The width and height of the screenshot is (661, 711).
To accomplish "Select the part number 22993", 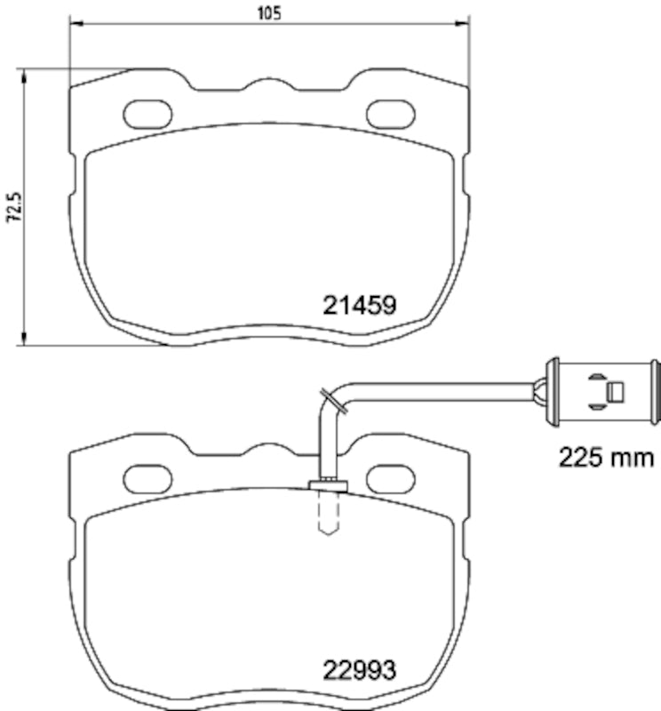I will click(x=358, y=668).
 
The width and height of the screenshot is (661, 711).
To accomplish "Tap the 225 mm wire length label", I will click(x=607, y=458).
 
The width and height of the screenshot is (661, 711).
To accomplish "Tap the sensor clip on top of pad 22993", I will click(x=326, y=483).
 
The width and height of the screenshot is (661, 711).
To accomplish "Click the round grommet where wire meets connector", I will click(x=538, y=388).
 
